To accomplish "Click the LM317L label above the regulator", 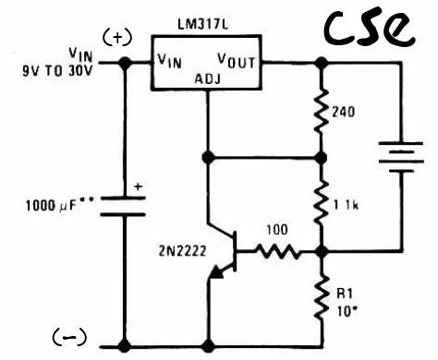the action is tap(203, 25).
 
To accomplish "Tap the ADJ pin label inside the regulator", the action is tap(208, 78).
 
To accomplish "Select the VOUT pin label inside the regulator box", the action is tap(237, 61).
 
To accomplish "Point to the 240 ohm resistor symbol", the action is tap(322, 111).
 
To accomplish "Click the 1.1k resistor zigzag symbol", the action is tap(322, 203).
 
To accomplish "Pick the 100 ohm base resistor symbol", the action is tap(277, 251).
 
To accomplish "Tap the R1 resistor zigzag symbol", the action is tap(322, 298).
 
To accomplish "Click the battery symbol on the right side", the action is tap(401, 157).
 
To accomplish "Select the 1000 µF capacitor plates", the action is tap(123, 206).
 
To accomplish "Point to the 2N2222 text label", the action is tap(182, 251).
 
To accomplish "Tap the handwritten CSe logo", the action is tap(369, 29).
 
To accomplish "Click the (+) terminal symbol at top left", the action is tap(117, 38).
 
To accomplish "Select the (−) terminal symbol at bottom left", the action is tap(69, 337).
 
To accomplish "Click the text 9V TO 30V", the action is tap(57, 71).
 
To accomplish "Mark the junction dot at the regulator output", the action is tap(322, 63).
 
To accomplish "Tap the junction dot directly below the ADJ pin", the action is tap(208, 158).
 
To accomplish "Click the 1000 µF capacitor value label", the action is tap(59, 205).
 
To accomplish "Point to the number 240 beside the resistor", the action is tap(344, 112).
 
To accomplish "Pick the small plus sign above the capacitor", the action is tap(139, 186).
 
